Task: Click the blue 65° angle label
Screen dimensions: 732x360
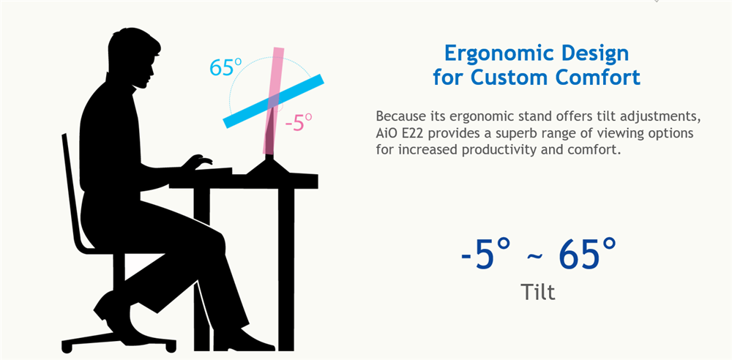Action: pyautogui.click(x=225, y=67)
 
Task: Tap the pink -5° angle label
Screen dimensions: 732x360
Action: pyautogui.click(x=299, y=122)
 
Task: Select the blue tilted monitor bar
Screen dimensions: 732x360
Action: pyautogui.click(x=274, y=100)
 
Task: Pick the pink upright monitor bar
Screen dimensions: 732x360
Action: pyautogui.click(x=273, y=100)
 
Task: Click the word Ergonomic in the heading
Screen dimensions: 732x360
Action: pyautogui.click(x=495, y=54)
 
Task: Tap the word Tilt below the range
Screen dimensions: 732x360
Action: pyautogui.click(x=537, y=292)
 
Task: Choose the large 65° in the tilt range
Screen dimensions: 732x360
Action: pyautogui.click(x=587, y=254)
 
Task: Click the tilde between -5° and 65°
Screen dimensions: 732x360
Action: pyautogui.click(x=535, y=257)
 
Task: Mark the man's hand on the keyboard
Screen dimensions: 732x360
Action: pyautogui.click(x=198, y=162)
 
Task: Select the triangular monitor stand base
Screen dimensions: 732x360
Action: pyautogui.click(x=268, y=167)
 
